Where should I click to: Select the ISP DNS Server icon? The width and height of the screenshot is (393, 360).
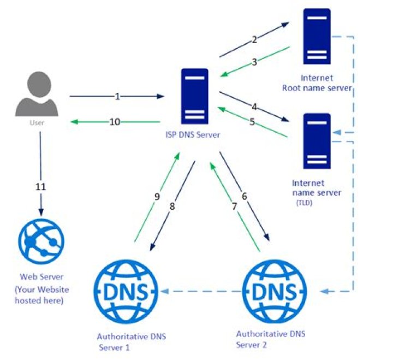(194, 97)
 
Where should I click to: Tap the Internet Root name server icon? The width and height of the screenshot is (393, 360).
(317, 37)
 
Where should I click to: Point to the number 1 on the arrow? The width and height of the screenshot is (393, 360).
(117, 97)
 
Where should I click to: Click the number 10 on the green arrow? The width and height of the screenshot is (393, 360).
(115, 122)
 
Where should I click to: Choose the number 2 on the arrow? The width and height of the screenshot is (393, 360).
(254, 39)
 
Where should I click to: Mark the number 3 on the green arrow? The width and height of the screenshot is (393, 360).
(254, 62)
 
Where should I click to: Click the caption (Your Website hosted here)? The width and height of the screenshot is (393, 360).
(41, 295)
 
